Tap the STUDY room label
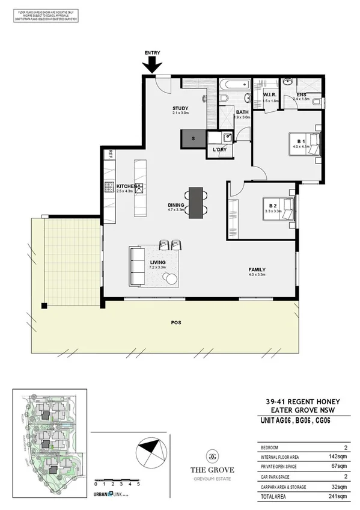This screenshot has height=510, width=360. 180,108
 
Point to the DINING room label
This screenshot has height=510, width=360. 176,206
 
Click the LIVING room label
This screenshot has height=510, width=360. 157,262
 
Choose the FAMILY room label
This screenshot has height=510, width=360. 257,269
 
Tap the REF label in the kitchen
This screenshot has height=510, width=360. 109,155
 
